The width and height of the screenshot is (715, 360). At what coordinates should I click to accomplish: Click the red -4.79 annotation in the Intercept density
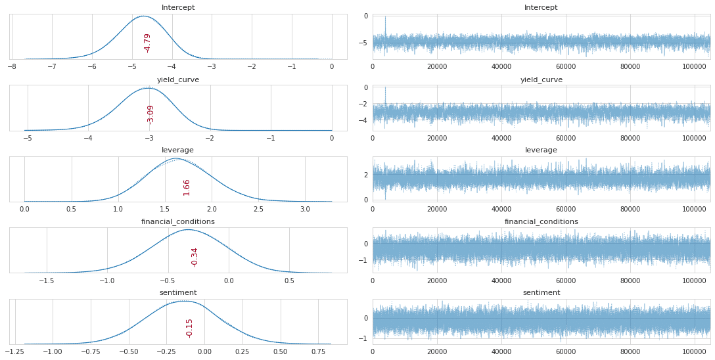pos(147,43)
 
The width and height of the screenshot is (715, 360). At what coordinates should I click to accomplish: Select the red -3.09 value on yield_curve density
pos(150,114)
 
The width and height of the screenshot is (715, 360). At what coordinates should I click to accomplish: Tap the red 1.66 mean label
pos(187,187)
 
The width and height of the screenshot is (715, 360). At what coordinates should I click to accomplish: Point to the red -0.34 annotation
pos(195,257)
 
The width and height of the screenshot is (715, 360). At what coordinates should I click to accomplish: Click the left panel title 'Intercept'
pos(178,8)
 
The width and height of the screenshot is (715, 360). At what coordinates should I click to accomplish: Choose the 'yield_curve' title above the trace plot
pos(541,79)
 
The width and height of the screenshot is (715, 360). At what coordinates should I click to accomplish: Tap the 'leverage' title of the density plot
pos(177,150)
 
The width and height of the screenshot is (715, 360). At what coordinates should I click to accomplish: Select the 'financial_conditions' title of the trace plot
pos(541,221)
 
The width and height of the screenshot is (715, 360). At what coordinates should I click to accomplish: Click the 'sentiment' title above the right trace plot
pos(541,292)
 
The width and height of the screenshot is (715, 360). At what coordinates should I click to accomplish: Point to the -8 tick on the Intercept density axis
pos(12,66)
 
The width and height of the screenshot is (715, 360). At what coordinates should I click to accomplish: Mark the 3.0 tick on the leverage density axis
pos(305,209)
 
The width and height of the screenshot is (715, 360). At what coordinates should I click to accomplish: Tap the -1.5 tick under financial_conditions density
pos(47,280)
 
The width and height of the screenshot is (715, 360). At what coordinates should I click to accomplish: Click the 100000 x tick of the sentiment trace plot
pos(695,351)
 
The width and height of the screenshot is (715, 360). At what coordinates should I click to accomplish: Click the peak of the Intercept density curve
pos(144,16)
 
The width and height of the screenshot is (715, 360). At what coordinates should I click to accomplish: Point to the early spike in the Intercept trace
pos(385,18)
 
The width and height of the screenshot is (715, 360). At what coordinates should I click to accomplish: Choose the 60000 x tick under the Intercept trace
pos(566,66)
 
